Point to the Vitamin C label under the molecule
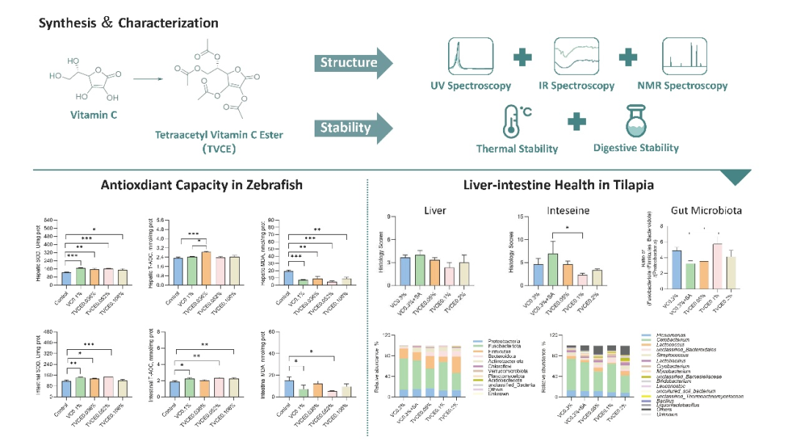[92, 115]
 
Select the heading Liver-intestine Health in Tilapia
[558, 186]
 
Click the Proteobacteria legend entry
[494, 342]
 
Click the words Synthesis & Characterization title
[128, 23]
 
